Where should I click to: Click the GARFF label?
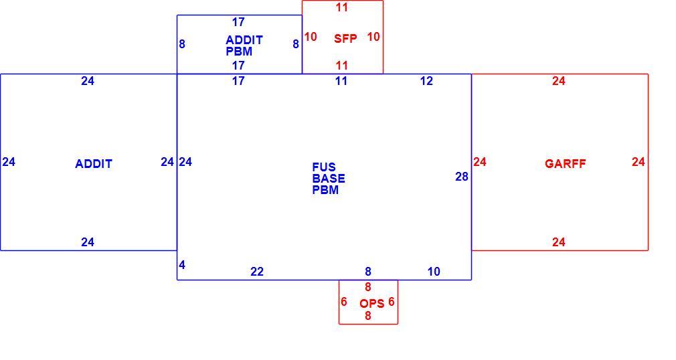[565, 164]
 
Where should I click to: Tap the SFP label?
[345, 39]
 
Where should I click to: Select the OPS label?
[371, 304]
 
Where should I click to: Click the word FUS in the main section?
[324, 167]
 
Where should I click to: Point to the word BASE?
[329, 179]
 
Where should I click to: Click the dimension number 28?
[462, 177]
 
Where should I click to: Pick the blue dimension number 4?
[182, 265]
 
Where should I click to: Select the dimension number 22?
[257, 272]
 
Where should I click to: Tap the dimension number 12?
[426, 81]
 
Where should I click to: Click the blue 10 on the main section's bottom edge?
[434, 272]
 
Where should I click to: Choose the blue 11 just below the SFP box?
[341, 81]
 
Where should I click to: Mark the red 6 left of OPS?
[343, 302]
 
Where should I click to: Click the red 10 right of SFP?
[373, 37]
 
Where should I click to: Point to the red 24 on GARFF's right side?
[639, 162]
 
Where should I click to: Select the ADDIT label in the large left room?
[94, 164]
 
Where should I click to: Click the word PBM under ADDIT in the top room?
[239, 52]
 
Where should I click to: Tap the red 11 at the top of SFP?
[342, 7]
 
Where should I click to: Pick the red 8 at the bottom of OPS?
[367, 316]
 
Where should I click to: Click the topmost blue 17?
[238, 22]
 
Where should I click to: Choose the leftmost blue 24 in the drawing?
[9, 162]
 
